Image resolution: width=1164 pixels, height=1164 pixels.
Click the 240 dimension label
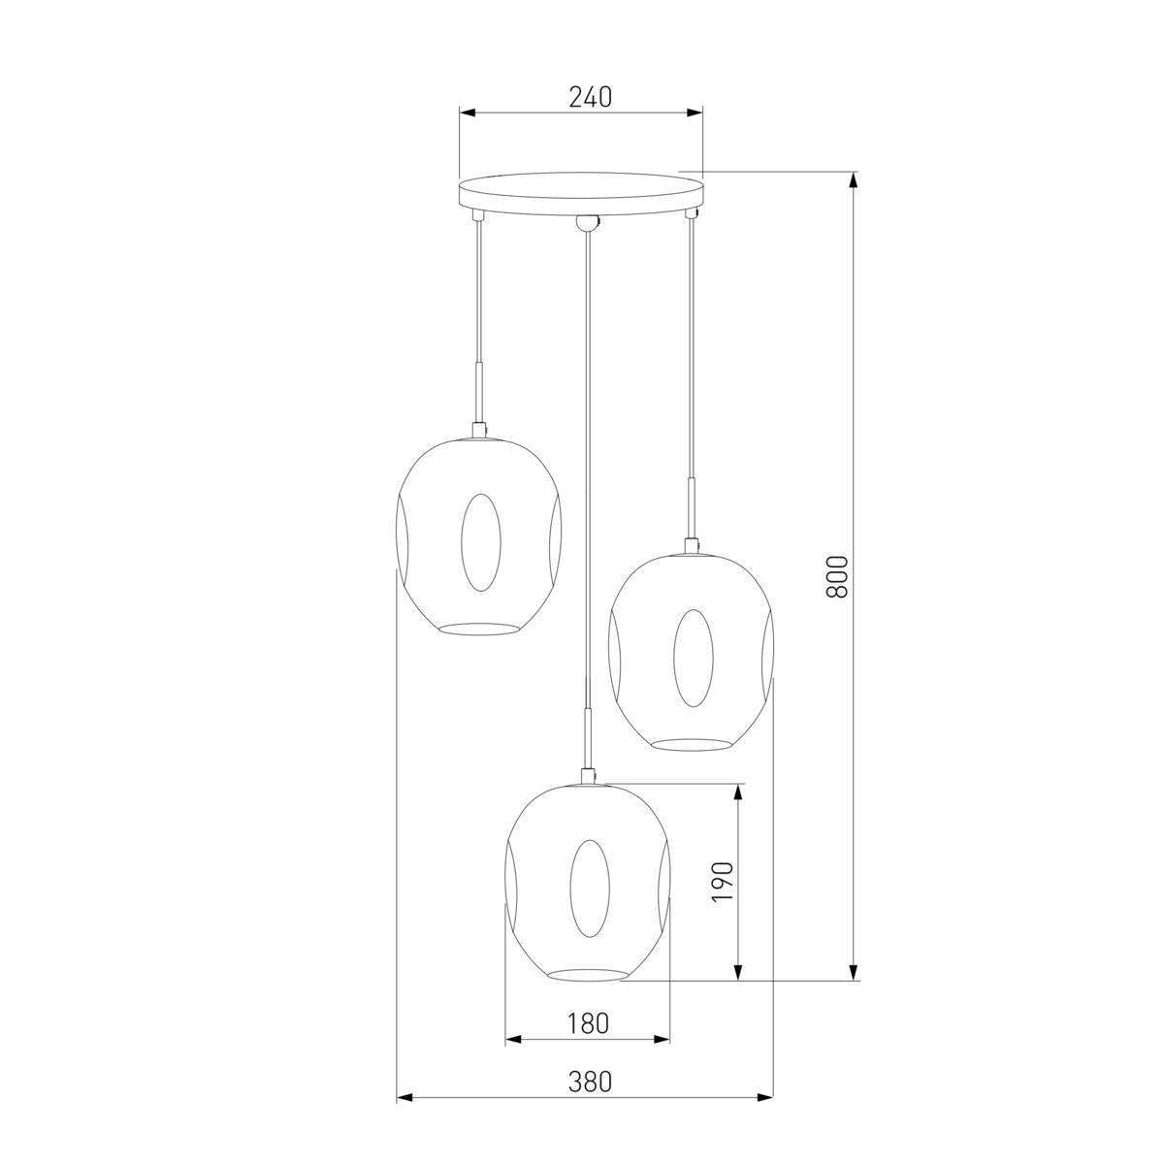(x=590, y=97)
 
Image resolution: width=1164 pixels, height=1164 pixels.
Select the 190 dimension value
(x=723, y=889)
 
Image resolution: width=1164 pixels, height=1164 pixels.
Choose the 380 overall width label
(x=590, y=1098)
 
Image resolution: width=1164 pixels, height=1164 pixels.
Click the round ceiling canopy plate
(x=581, y=193)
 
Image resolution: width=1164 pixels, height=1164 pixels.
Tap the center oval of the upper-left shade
(x=481, y=542)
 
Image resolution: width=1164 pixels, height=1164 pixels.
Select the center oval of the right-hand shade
(x=693, y=658)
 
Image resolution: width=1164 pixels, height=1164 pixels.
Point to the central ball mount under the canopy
(x=586, y=222)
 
